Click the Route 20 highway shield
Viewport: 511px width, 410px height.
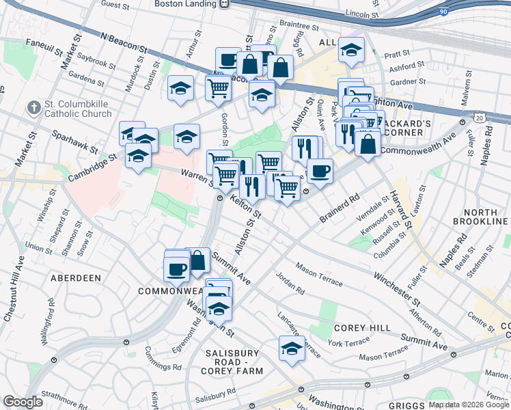pos(480,118)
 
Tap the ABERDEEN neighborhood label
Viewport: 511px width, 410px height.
pos(75,278)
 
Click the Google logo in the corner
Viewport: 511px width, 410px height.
pos(23,401)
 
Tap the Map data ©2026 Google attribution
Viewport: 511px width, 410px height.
pos(468,405)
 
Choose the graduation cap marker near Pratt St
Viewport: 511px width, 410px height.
pos(352,50)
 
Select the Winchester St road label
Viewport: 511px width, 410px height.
pos(396,288)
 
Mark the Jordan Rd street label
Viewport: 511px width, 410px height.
pos(290,283)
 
